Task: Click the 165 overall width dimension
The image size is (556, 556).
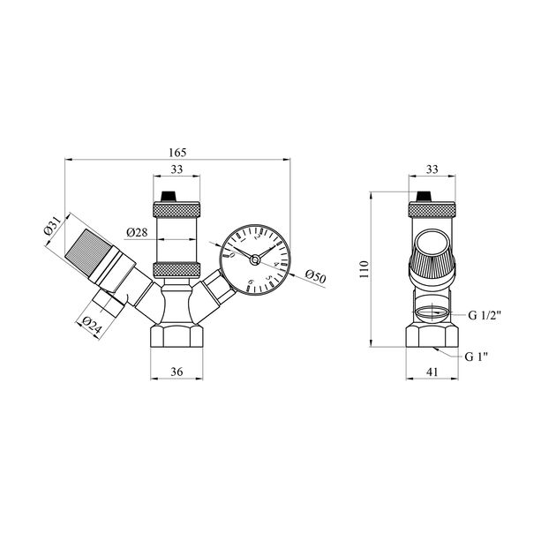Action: click(x=177, y=153)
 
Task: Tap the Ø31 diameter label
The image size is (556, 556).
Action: click(x=52, y=226)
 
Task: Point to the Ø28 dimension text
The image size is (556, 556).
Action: click(x=137, y=233)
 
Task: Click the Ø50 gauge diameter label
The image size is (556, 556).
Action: click(x=316, y=276)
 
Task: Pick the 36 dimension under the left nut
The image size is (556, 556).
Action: click(x=177, y=372)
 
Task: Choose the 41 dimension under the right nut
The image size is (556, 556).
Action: click(x=432, y=372)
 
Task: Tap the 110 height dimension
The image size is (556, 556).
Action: click(x=364, y=269)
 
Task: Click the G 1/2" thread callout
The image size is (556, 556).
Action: click(x=485, y=315)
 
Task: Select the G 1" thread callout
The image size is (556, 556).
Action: click(x=477, y=356)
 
